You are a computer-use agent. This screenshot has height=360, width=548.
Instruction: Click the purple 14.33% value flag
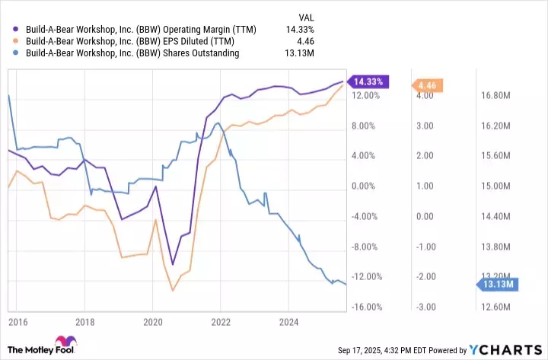[x=369, y=81]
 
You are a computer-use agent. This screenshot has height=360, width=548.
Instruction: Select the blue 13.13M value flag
[x=495, y=285]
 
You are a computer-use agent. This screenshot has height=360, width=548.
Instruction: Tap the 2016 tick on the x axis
[x=19, y=323]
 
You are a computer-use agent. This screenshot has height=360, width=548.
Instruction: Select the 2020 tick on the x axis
[x=153, y=323]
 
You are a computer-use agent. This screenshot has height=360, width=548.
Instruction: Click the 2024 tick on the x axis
[x=288, y=323]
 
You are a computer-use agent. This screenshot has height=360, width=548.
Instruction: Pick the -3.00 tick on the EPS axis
[x=424, y=307]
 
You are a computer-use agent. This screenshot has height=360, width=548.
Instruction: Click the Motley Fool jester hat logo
[x=65, y=343]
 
